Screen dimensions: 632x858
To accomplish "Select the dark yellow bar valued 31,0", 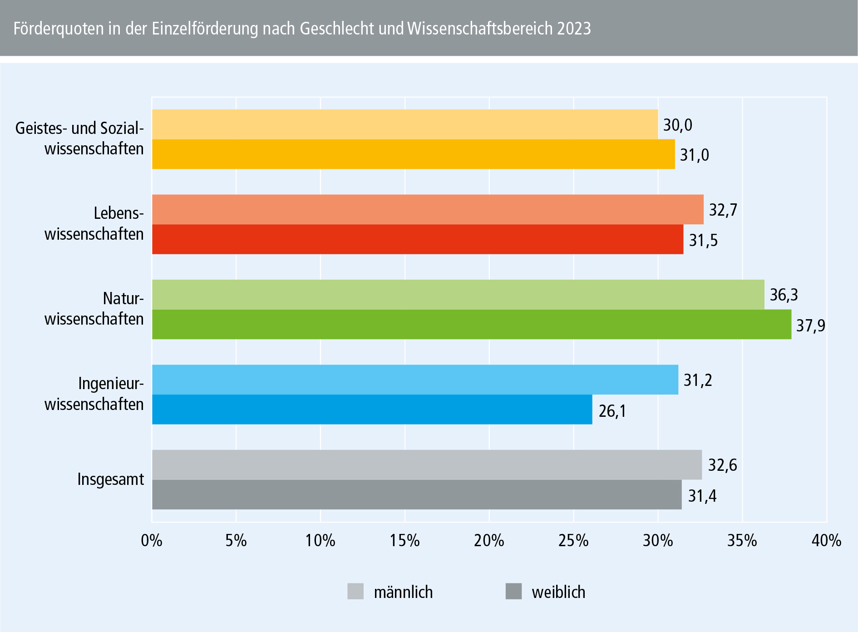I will coord(413,154).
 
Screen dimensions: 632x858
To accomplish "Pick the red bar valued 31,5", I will coord(418,239).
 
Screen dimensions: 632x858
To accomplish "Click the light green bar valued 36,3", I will coord(458,295).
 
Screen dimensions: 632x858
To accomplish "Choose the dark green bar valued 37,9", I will coord(471,325).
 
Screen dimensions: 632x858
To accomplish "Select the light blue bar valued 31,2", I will coord(415,380).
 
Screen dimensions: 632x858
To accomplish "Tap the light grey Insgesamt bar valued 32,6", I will coord(427,465).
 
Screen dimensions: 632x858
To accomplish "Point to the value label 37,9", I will coord(811,326).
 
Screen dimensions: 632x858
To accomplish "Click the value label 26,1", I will coord(612,411).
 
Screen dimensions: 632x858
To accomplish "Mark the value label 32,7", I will coord(723,210).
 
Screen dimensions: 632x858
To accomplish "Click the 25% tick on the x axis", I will coord(574,541).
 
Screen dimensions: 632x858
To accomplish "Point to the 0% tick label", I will coord(152,541).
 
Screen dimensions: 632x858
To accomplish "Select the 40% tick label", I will coord(826,541).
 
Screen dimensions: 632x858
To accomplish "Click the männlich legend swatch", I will coord(355,592).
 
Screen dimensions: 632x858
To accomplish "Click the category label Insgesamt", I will coord(111,479).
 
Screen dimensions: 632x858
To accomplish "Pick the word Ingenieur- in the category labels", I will coord(111,384).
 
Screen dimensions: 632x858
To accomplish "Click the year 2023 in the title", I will coord(574,29).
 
